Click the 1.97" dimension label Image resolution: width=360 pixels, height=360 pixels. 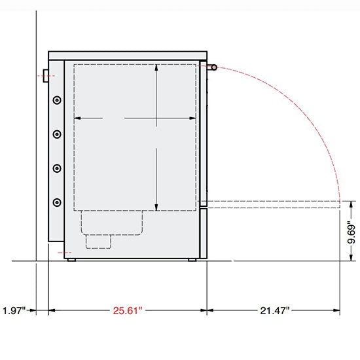click(14, 310)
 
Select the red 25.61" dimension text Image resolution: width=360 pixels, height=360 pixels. click(126, 310)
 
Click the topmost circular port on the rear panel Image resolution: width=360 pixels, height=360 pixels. click(57, 100)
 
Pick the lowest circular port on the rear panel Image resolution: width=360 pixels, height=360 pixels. click(57, 202)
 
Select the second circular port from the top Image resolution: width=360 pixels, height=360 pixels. click(57, 134)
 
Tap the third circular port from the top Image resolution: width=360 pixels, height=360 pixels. click(57, 168)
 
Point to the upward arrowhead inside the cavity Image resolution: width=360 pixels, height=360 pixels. click(156, 70)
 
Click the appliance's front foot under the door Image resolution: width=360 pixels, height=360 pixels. click(193, 261)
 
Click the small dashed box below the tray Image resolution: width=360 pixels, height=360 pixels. click(98, 242)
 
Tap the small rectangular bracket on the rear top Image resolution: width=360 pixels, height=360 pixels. click(46, 75)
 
